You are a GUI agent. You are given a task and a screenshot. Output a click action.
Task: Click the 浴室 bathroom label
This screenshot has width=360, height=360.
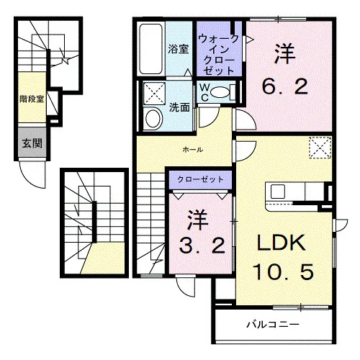tap(178, 49)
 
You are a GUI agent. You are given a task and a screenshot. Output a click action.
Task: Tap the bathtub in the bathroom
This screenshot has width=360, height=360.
tap(151, 49)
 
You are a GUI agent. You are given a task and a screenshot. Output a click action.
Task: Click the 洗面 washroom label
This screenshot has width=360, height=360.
tap(179, 107)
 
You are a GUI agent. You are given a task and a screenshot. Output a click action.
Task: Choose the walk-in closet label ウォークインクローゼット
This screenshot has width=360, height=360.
tap(218, 55)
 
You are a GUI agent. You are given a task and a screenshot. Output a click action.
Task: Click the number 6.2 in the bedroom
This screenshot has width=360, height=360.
tap(285, 87)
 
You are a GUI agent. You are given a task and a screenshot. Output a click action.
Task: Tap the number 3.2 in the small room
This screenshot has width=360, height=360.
tap(202, 246)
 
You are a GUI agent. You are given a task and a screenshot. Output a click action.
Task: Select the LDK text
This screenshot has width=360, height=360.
tap(282, 243)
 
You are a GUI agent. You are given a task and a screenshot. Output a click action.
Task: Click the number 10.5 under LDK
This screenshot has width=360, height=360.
tap(283, 271)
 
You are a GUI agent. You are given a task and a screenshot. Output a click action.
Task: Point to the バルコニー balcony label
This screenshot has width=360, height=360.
tap(274, 325)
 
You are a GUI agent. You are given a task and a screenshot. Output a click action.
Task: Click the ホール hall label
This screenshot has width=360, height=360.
tap(193, 150)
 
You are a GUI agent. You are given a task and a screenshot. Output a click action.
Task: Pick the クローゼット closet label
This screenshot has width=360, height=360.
tap(200, 179)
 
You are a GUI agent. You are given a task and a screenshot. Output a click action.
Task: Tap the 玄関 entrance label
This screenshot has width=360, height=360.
tap(32, 143)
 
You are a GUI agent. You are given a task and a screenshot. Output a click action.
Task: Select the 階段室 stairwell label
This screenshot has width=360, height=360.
tap(32, 99)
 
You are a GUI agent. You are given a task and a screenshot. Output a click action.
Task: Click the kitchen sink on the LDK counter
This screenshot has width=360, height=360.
tap(278, 192)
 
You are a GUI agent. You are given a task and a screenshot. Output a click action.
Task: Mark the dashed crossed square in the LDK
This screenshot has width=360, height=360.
tap(320, 148)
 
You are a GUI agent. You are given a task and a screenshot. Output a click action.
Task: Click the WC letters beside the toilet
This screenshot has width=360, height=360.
tap(204, 93)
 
